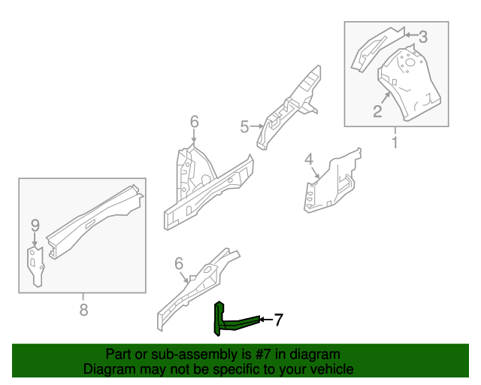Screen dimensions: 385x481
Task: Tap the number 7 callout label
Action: pyautogui.click(x=277, y=320)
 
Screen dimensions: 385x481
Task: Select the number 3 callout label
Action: pyautogui.click(x=422, y=35)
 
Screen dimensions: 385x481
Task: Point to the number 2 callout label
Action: pyautogui.click(x=377, y=112)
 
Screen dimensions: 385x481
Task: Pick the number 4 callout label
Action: pyautogui.click(x=308, y=159)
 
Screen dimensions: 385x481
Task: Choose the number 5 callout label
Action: pyautogui.click(x=244, y=127)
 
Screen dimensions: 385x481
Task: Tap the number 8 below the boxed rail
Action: pyautogui.click(x=83, y=309)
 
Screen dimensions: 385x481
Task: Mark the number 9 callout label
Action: pyautogui.click(x=34, y=224)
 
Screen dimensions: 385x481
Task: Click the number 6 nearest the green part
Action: pyautogui.click(x=179, y=263)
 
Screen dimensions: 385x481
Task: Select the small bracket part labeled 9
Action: pyautogui.click(x=35, y=265)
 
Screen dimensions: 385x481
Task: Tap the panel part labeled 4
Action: pyautogui.click(x=334, y=180)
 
